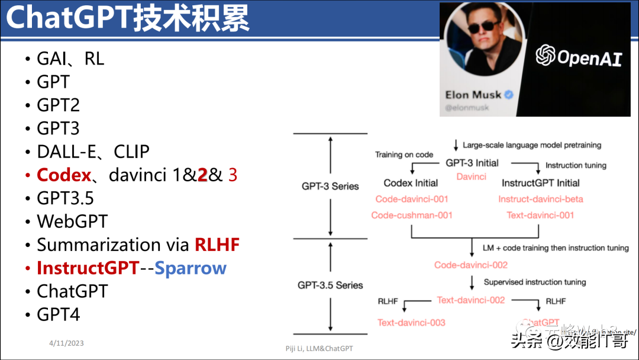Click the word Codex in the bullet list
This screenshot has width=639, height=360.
click(x=64, y=175)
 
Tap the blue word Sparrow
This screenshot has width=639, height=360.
click(x=190, y=268)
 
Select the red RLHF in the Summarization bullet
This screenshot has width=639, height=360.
click(x=217, y=245)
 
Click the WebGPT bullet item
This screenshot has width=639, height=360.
click(x=72, y=221)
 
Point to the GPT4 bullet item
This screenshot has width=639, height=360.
click(x=58, y=314)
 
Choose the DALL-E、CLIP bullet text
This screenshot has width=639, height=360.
click(x=93, y=152)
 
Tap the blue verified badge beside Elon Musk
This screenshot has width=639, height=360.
click(x=508, y=95)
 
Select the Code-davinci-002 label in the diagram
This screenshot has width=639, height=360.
click(x=471, y=265)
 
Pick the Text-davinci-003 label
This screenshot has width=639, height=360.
click(x=411, y=323)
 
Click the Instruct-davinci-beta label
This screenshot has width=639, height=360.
click(x=540, y=199)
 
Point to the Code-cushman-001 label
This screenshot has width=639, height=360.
click(x=411, y=215)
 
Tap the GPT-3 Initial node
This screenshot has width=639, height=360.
click(x=472, y=163)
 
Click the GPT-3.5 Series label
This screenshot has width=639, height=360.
click(x=330, y=285)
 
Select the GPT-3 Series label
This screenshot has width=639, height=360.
click(x=330, y=186)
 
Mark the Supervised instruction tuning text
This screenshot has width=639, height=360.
click(x=534, y=282)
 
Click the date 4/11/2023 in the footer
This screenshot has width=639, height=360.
click(x=66, y=343)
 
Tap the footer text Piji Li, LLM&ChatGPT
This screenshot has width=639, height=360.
click(x=319, y=349)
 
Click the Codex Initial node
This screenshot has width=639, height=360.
click(x=411, y=183)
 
